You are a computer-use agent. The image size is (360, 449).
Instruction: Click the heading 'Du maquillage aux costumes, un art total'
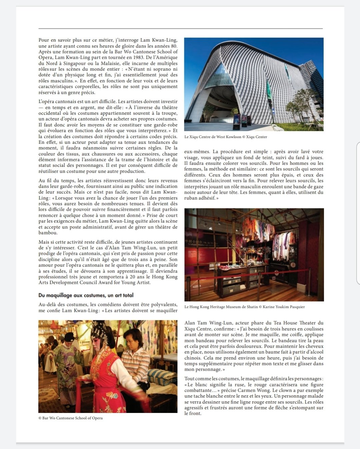[86, 295]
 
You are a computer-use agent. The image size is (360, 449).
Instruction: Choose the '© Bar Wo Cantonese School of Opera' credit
[71, 418]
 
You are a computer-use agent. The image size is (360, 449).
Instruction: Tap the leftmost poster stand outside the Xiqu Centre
[236, 121]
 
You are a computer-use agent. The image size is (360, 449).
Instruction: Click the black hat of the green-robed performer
[69, 337]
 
